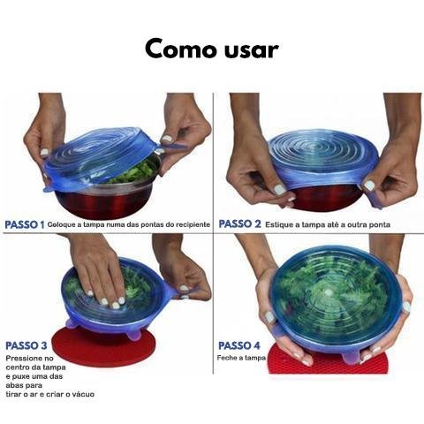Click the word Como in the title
182,49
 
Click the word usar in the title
252,50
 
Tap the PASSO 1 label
25,224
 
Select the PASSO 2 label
239,224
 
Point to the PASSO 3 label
26,345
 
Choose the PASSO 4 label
239,345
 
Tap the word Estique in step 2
278,224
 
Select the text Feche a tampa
241,358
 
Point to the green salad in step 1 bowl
134,174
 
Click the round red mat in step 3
103,347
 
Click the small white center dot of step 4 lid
329,292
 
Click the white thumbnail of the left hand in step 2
280,189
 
